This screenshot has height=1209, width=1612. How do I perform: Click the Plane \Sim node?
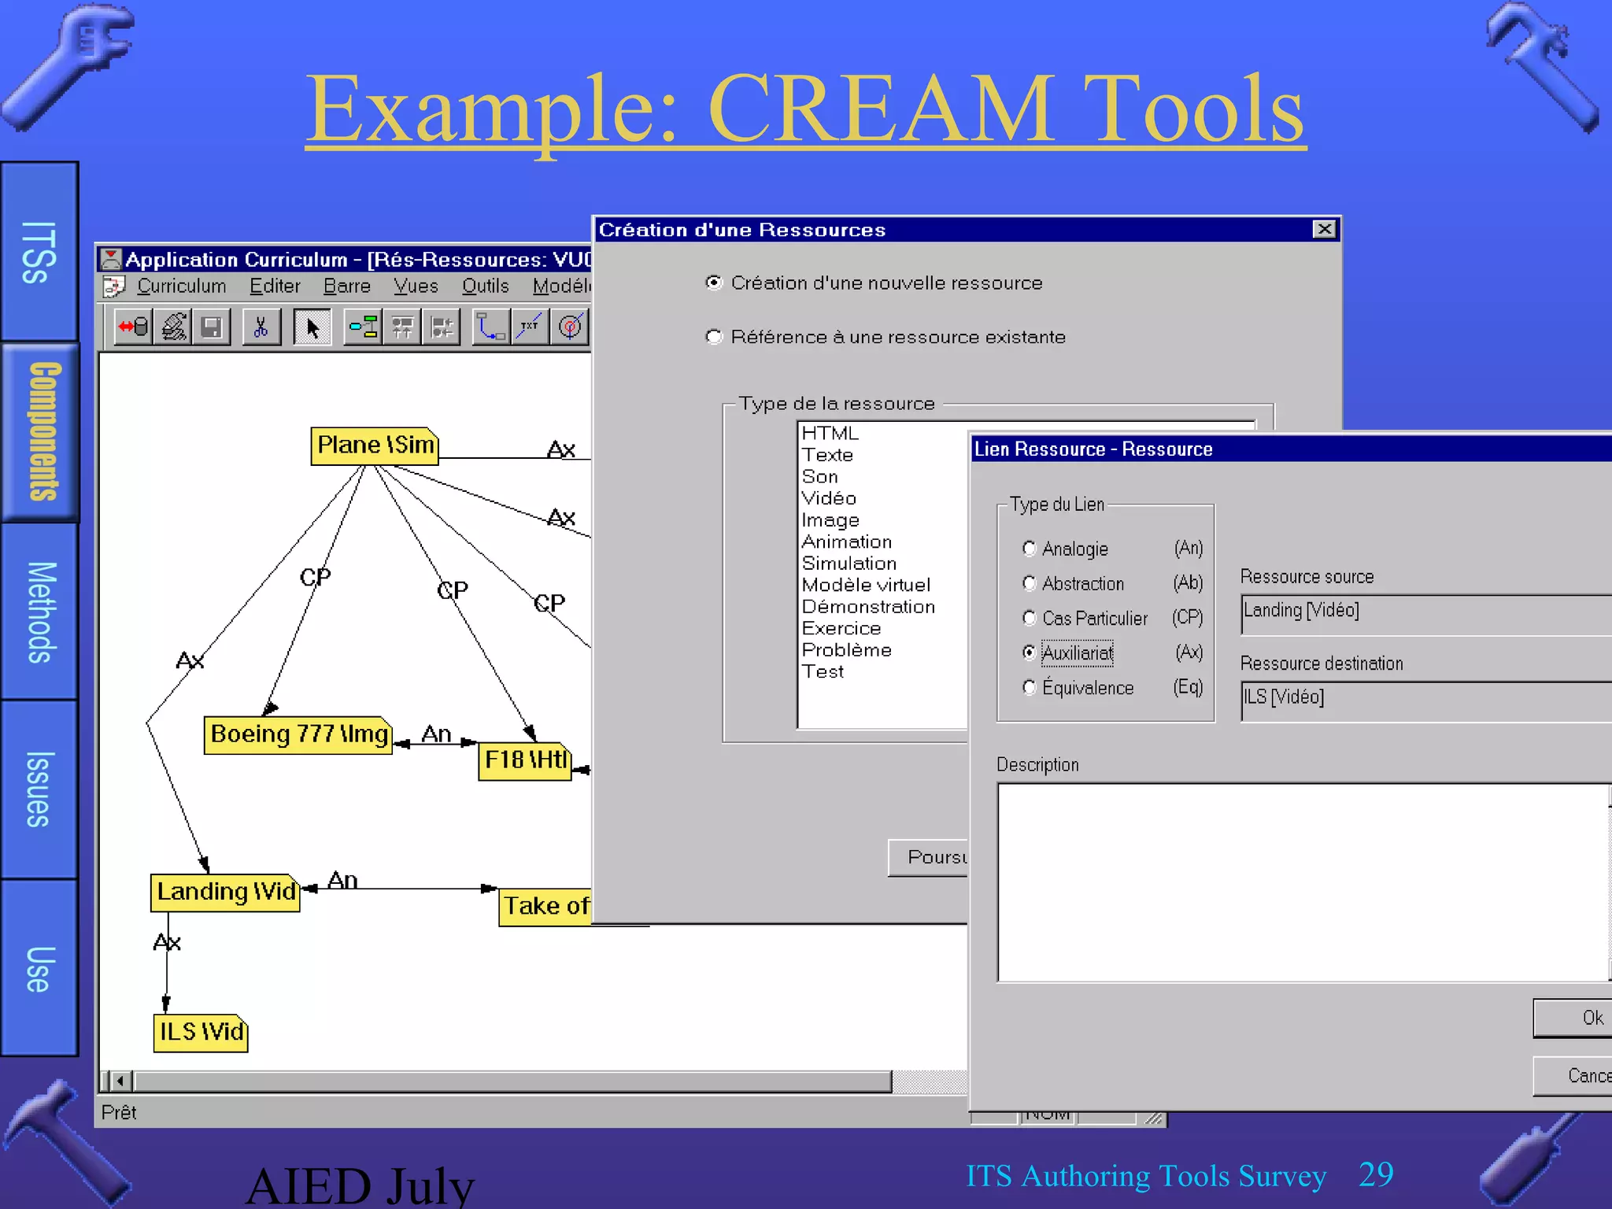tap(375, 446)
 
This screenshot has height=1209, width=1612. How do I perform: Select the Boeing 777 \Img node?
tap(298, 734)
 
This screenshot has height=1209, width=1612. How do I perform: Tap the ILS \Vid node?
tap(201, 1032)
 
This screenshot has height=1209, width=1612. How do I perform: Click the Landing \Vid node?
tap(225, 892)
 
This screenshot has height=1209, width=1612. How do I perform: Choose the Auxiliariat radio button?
tap(1029, 653)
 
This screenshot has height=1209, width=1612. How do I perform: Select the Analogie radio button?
tap(1029, 549)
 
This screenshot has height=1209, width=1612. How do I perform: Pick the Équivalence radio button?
tap(1029, 687)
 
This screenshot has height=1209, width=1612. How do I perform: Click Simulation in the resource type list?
tap(849, 564)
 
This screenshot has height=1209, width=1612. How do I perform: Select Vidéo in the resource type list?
tap(828, 498)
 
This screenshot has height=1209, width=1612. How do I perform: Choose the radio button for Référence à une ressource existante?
tap(714, 337)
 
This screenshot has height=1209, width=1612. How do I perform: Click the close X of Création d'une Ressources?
tap(1325, 229)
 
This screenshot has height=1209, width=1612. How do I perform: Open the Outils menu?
tap(485, 286)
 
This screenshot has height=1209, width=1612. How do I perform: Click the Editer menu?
tap(275, 286)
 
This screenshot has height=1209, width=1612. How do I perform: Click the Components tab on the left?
tap(41, 431)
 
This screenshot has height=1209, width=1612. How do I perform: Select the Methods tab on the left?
tap(41, 612)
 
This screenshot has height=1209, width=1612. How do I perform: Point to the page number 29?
tap(1376, 1174)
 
